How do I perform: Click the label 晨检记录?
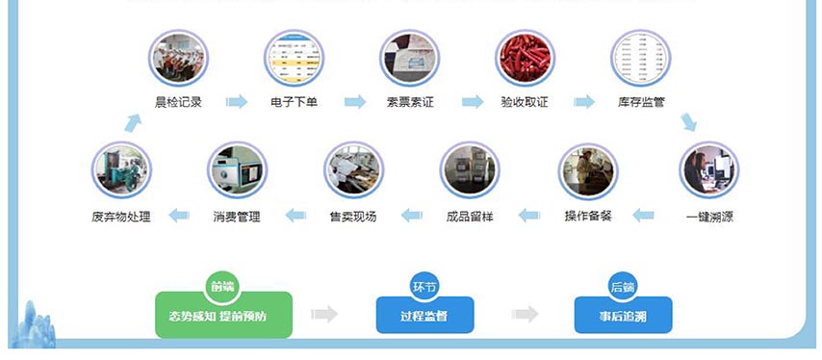(178, 102)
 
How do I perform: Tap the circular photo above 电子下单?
(295, 57)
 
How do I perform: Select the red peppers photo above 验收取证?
(524, 57)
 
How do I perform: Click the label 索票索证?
(409, 102)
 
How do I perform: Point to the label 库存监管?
(641, 102)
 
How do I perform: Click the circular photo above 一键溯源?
(708, 171)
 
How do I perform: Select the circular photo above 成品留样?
(470, 171)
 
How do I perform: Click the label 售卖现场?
(352, 217)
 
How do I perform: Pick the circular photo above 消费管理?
(237, 171)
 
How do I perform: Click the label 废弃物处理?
(121, 217)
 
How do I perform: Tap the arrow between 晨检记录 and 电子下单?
(237, 102)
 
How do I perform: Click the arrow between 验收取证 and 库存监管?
(583, 102)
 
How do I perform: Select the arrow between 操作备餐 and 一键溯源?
(643, 216)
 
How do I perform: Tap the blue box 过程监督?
(424, 316)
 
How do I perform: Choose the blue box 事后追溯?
(623, 316)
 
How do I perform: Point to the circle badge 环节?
(424, 287)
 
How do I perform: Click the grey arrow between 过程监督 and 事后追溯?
(525, 314)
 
